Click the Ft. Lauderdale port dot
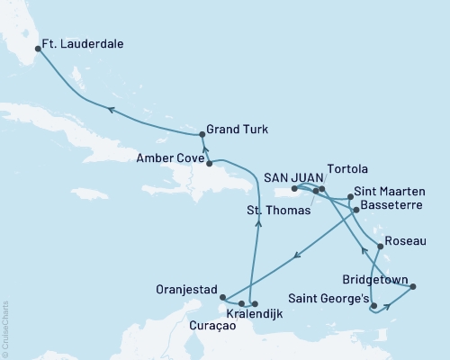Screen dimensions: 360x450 37,50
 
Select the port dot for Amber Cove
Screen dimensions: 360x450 209,163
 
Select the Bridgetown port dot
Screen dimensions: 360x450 413,287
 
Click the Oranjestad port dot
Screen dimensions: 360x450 222,296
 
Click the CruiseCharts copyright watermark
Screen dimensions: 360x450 5,328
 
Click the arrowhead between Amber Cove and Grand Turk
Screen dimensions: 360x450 204,149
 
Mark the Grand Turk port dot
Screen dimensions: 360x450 202,134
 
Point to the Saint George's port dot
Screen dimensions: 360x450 373,306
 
